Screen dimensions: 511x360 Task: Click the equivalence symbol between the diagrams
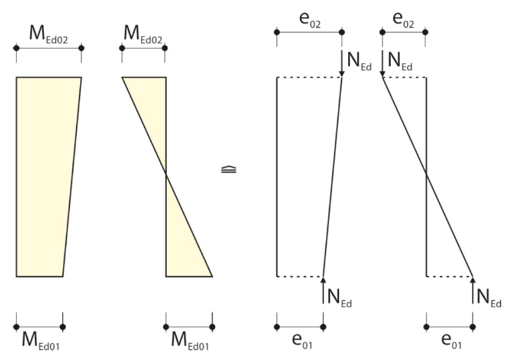pos(229,170)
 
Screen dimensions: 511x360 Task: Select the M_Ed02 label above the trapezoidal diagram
pos(48,34)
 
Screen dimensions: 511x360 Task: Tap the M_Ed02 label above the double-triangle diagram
pos(143,34)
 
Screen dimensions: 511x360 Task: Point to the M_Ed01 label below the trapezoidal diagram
pos(41,340)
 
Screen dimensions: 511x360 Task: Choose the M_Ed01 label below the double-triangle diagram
pos(190,340)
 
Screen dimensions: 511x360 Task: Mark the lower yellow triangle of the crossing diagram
pos(182,243)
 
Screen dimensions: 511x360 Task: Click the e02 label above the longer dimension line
pos(310,20)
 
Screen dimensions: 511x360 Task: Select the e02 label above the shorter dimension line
pos(403,20)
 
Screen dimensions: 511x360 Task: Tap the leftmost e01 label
pos(302,340)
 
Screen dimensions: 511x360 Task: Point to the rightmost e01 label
pos(451,340)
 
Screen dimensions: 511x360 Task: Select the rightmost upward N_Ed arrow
pos(473,290)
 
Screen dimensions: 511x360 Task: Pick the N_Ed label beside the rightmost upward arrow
pos(489,298)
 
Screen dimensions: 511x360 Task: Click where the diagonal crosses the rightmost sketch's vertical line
pos(426,175)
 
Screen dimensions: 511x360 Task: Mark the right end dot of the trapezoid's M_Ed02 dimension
pos(81,48)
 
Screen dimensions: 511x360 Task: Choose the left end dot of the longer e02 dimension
pos(277,32)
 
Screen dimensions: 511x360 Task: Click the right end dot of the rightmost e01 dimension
pos(473,327)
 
